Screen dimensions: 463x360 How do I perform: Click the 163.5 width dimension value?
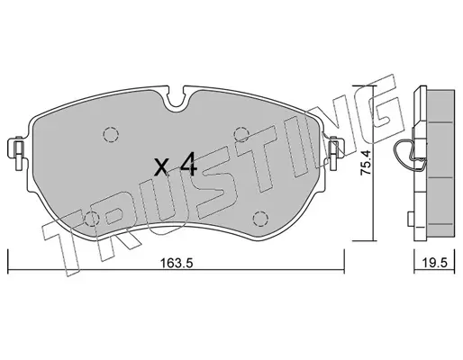pyautogui.click(x=176, y=264)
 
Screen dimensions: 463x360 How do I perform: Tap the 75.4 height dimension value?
pyautogui.click(x=367, y=162)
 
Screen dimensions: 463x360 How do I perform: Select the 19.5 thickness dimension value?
pyautogui.click(x=434, y=263)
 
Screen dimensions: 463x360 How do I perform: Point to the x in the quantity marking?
pyautogui.click(x=160, y=168)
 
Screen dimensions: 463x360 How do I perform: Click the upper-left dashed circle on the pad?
pyautogui.click(x=111, y=134)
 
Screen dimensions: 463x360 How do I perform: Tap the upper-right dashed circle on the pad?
pyautogui.click(x=241, y=134)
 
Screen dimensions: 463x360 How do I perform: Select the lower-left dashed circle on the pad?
pyautogui.click(x=92, y=219)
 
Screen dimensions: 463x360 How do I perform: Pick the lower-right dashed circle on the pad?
pyautogui.click(x=260, y=219)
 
